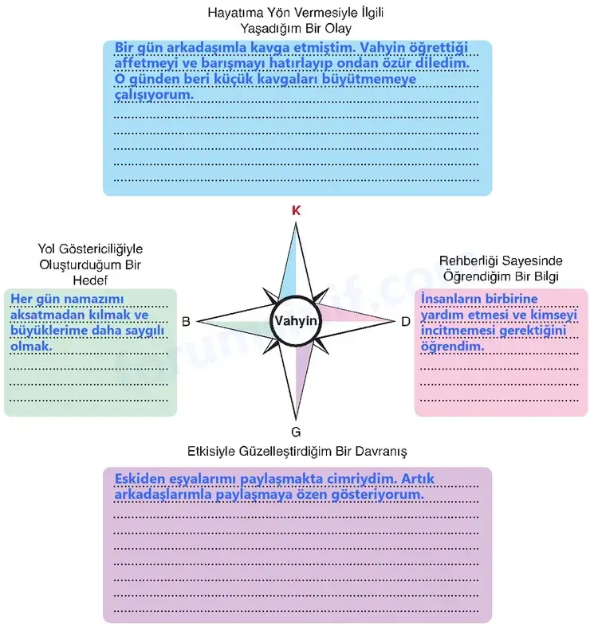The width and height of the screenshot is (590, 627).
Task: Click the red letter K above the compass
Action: [x=296, y=211]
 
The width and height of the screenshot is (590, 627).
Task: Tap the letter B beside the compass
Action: [x=186, y=322]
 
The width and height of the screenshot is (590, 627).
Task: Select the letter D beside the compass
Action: [x=406, y=322]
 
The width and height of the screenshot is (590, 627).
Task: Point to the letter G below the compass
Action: [x=296, y=432]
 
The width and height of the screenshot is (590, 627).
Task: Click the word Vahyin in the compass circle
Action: [x=296, y=321]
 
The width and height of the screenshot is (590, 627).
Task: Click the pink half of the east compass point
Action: [x=352, y=315]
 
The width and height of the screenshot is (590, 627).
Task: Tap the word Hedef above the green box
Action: [x=90, y=280]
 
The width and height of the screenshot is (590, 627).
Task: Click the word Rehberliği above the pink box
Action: [x=468, y=261]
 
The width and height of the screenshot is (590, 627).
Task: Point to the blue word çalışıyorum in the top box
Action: [x=154, y=95]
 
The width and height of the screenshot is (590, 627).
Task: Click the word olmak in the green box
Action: [x=31, y=346]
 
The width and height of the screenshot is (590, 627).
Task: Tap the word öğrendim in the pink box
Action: [x=452, y=347]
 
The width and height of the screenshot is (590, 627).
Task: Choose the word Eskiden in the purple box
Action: [x=139, y=479]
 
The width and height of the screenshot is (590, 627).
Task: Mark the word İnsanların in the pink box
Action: [x=447, y=299]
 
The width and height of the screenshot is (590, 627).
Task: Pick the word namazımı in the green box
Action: [x=94, y=299]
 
